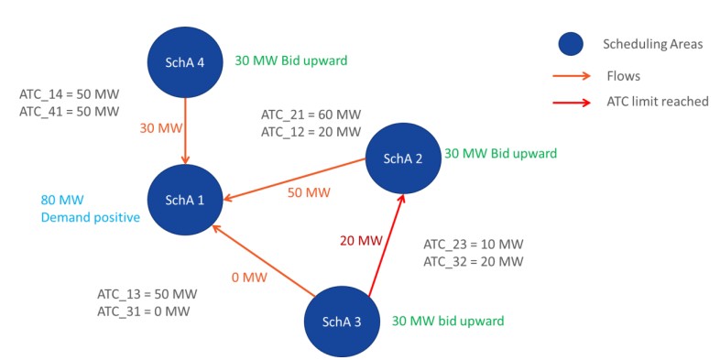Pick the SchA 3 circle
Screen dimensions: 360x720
[343, 322]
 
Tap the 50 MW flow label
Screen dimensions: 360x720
[309, 194]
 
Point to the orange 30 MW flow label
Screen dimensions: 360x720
[160, 128]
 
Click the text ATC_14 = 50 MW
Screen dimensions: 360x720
[70, 94]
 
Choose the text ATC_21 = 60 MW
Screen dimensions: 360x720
[311, 115]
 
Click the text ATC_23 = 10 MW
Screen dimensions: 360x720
[473, 245]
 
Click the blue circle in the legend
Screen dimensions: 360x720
[572, 43]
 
